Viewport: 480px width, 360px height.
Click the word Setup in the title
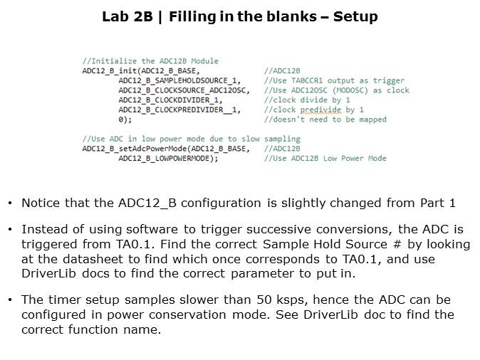355,16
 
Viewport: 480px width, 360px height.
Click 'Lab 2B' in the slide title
127,16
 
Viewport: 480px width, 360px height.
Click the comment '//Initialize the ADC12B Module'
150,61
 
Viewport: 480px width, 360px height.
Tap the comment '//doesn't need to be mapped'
325,120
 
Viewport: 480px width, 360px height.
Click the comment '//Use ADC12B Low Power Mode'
325,159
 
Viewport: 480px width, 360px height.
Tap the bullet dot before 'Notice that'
10,203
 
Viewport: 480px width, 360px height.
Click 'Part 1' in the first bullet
438,203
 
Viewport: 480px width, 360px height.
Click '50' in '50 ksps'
264,300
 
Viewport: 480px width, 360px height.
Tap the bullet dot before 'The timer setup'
10,300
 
